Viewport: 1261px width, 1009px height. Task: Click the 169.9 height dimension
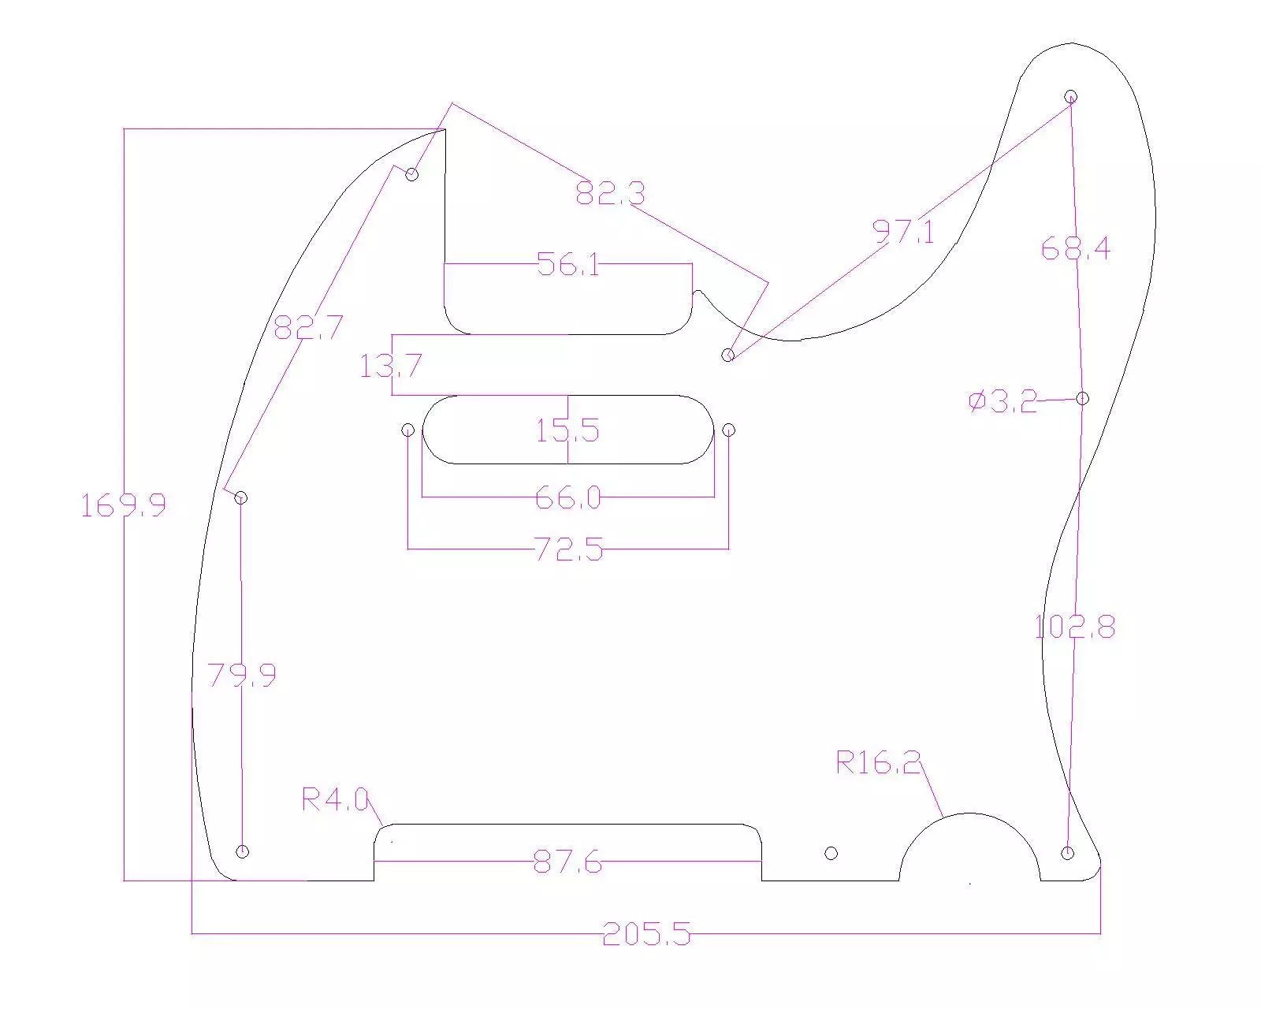(123, 504)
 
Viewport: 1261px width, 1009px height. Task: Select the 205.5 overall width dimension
(647, 933)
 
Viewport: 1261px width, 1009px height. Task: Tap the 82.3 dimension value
(610, 193)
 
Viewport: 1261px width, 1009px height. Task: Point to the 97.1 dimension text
(904, 232)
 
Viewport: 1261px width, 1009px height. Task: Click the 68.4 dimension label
(1076, 248)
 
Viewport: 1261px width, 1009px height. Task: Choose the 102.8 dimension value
(1075, 627)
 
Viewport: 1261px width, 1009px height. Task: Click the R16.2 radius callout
(878, 763)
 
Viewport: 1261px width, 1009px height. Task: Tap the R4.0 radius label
(335, 799)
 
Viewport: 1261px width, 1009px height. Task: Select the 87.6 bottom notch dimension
(567, 863)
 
